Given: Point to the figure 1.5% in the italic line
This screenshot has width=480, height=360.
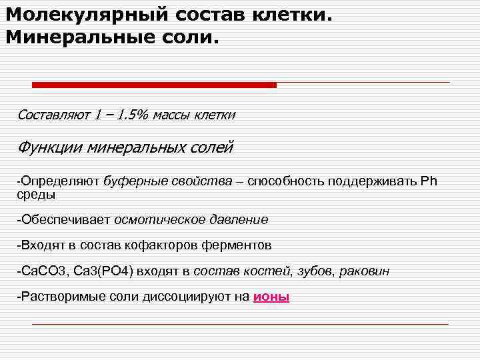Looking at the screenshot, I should click(132, 115).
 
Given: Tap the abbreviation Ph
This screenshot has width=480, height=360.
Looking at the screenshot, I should click(429, 182).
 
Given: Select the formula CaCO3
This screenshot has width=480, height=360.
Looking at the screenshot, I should click(41, 271).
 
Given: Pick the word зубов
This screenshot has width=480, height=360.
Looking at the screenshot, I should click(316, 271).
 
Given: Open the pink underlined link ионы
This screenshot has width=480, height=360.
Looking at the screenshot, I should click(271, 297).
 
